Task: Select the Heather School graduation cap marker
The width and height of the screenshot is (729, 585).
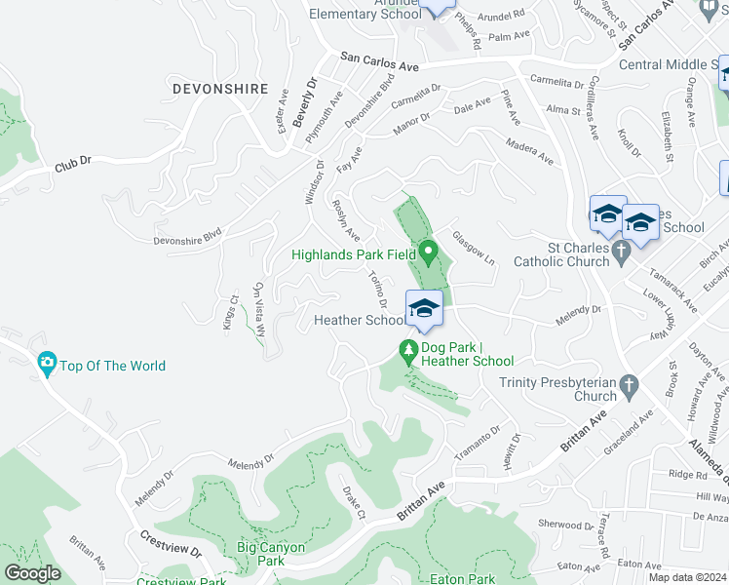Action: (424, 310)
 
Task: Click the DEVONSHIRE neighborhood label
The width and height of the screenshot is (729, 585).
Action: (219, 89)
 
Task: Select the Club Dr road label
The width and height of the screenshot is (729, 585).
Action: (73, 165)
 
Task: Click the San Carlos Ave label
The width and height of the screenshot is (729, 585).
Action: (379, 63)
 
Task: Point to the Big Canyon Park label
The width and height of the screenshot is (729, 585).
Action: (271, 554)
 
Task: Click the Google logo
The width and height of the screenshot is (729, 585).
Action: (32, 573)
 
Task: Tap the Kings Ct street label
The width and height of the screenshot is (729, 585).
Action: (230, 312)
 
